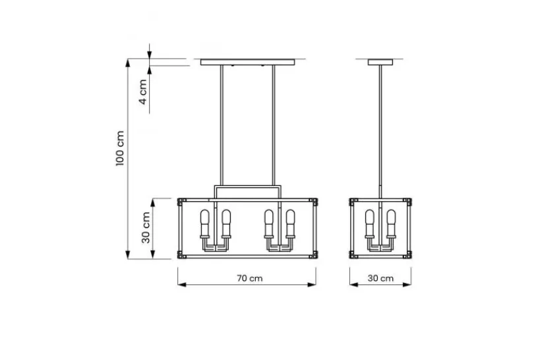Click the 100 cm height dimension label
coord(119,148)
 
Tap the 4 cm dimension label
coord(142,92)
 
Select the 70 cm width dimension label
coord(250,278)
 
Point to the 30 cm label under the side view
coord(380,278)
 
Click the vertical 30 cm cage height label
coord(146,227)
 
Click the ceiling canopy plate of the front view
coord(248,63)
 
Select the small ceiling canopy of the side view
coord(380,63)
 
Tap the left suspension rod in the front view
coord(222,125)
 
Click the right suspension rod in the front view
coord(274,125)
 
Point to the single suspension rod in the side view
coord(380,132)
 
